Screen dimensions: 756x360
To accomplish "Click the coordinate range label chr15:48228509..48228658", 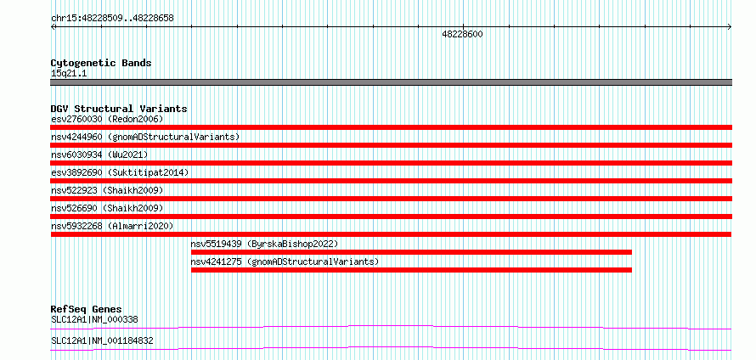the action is (112, 19).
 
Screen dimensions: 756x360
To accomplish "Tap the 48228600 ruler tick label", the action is (462, 34).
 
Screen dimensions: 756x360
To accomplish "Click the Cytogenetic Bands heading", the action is (101, 63).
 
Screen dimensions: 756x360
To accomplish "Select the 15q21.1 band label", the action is (69, 74).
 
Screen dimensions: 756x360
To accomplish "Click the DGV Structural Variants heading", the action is (119, 109).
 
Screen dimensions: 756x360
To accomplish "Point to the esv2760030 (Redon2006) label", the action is (107, 119).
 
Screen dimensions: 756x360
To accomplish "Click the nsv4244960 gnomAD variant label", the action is (145, 137).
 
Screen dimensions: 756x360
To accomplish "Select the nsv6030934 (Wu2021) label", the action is (99, 155).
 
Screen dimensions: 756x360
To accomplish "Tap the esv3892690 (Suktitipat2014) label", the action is (120, 172).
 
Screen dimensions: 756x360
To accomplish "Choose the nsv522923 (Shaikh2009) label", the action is (107, 190).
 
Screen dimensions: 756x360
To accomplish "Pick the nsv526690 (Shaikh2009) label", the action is (107, 208).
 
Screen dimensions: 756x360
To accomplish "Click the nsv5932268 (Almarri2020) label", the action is (112, 226).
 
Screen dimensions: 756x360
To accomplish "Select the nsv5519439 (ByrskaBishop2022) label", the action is (265, 244).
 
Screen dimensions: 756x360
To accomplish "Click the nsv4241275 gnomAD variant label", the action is (285, 262).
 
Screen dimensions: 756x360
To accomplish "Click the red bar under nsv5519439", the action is (411, 252).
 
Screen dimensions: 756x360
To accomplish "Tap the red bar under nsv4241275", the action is (411, 270).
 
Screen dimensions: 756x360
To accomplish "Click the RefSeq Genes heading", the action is (87, 309).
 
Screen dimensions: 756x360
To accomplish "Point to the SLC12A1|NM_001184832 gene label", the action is (102, 340).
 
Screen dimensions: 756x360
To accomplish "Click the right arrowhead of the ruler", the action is (730, 27).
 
